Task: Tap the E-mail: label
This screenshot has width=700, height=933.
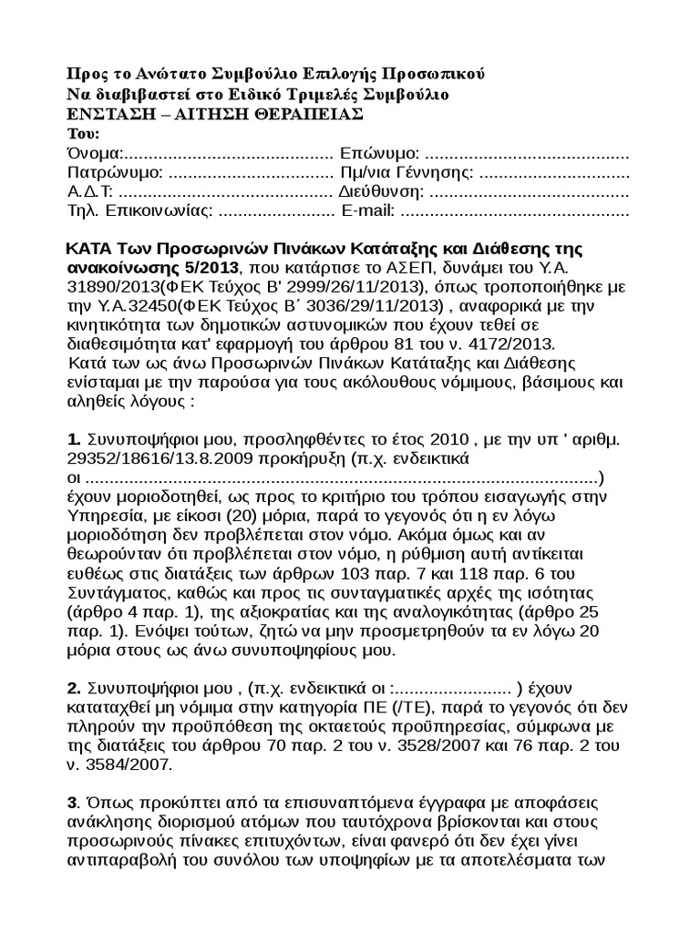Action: (x=367, y=212)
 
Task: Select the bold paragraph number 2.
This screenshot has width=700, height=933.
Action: (x=74, y=687)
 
